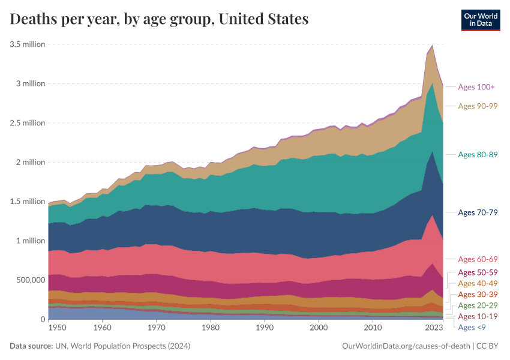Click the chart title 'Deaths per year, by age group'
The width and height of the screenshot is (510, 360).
point(159,19)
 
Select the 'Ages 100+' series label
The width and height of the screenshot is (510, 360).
point(476,87)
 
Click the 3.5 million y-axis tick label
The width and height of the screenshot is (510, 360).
point(27,44)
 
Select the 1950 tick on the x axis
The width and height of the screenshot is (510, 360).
point(57,329)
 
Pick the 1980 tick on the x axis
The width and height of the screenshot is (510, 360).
point(210,329)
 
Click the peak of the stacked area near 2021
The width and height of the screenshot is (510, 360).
point(432,45)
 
